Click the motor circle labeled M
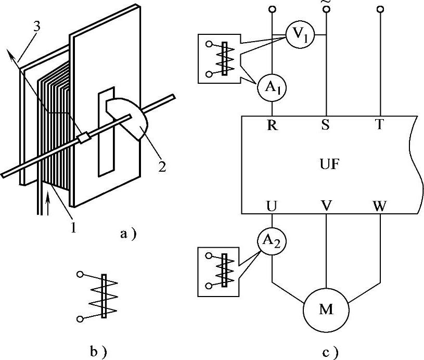326,311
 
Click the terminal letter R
272,125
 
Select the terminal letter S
326,125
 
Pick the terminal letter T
380,125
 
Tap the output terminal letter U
272,205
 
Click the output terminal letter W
380,205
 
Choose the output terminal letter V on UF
326,205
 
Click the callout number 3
36,26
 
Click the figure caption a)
127,235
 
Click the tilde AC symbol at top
326,3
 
